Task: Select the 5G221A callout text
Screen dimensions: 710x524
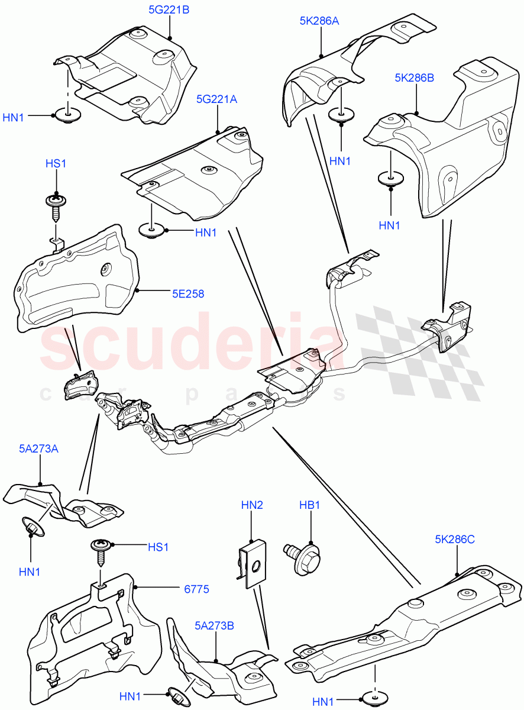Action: click(x=216, y=100)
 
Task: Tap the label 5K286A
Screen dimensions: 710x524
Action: click(x=319, y=21)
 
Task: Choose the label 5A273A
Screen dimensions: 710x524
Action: click(x=38, y=448)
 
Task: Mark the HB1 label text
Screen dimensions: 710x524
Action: click(x=309, y=505)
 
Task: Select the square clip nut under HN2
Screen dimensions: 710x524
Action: click(x=251, y=564)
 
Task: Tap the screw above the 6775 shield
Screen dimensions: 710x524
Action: click(x=100, y=550)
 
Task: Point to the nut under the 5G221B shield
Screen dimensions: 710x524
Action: click(x=68, y=117)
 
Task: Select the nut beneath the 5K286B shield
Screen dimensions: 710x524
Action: click(x=391, y=179)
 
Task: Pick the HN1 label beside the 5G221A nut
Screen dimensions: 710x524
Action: click(x=206, y=233)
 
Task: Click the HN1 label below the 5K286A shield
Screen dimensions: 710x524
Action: click(x=340, y=161)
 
